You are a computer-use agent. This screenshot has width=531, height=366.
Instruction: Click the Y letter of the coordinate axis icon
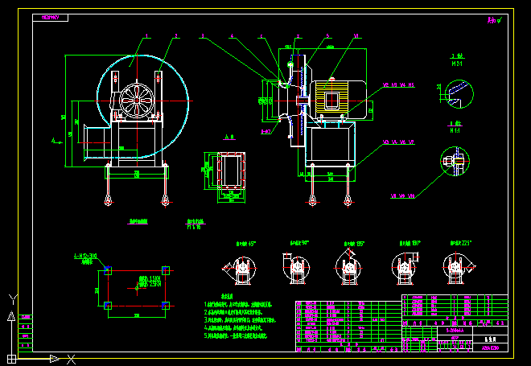click(x=11, y=298)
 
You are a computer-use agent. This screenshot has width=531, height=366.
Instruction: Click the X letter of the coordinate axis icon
click(x=71, y=358)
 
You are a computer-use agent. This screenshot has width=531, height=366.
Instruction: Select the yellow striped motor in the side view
click(x=331, y=96)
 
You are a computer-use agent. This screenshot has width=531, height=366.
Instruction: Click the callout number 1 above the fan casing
click(x=148, y=36)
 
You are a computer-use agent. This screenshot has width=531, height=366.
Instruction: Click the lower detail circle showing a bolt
click(x=455, y=162)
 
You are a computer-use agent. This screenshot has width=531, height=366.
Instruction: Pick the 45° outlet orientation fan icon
click(x=240, y=266)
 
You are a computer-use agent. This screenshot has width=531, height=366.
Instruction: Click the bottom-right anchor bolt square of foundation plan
click(x=165, y=305)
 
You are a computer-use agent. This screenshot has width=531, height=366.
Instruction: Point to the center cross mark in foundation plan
click(x=137, y=287)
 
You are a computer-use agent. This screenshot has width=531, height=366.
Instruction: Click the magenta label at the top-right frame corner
click(x=493, y=20)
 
